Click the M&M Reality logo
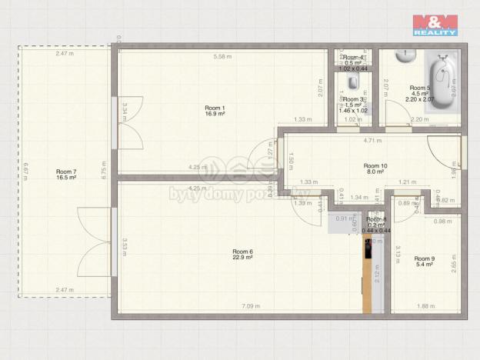tap(435, 25)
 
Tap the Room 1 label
tap(215, 107)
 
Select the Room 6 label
tap(242, 252)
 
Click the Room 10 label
tap(375, 165)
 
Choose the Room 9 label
tap(425, 258)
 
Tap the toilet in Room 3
tap(352, 82)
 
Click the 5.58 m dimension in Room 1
tap(222, 56)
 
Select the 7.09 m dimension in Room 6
tap(252, 306)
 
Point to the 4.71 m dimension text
tap(372, 142)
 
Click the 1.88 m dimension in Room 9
tap(425, 306)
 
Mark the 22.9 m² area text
tap(242, 258)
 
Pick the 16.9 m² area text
tap(215, 113)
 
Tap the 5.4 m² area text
tap(425, 265)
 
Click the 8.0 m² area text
tap(375, 172)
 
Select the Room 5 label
tap(420, 88)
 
